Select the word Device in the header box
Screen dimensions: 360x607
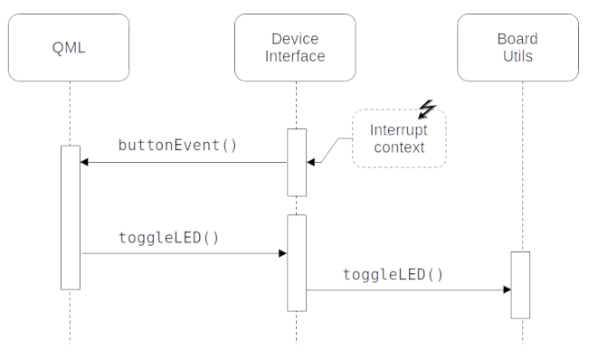pos(296,40)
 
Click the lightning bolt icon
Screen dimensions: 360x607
pos(426,110)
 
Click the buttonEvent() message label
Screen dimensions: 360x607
pos(177,145)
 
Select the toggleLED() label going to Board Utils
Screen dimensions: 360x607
pos(394,274)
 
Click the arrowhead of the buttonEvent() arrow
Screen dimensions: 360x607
pos(84,163)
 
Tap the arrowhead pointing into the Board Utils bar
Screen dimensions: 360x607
pos(507,290)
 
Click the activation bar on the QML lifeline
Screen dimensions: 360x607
pos(70,217)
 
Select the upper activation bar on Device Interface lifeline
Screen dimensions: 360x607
pos(297,162)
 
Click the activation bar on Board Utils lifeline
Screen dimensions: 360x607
pos(520,285)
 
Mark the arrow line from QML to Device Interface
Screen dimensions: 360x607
pos(181,254)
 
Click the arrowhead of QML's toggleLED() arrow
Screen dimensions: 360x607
pos(282,254)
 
